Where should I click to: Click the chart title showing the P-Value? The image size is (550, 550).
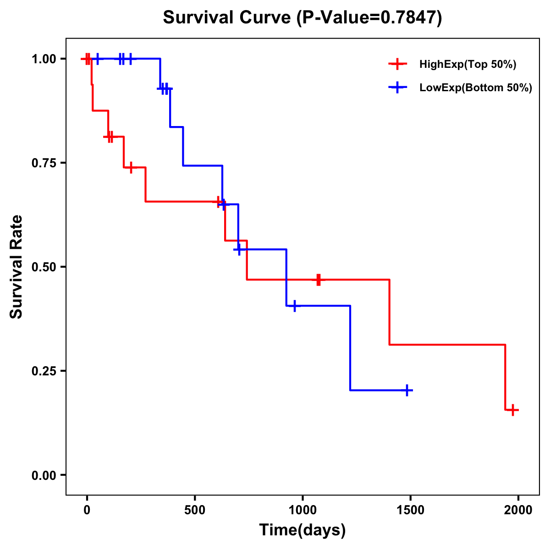(302, 18)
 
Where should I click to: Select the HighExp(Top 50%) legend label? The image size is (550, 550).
(467, 65)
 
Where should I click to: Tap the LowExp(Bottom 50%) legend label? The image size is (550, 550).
(476, 88)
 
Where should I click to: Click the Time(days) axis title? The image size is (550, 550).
(302, 530)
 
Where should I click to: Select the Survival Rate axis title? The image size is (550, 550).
(16, 267)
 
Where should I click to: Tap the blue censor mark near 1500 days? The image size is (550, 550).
(407, 390)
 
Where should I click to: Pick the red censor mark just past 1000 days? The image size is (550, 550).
(318, 280)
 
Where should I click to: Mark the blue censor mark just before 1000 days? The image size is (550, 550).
(294, 306)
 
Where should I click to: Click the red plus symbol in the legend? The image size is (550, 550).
(397, 64)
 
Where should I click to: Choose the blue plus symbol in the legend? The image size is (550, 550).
(397, 88)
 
